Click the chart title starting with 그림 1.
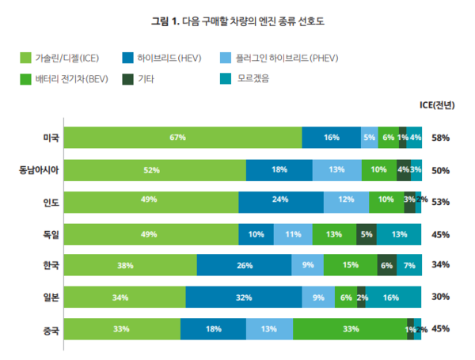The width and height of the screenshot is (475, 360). [237, 21]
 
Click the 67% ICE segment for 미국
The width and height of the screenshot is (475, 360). [183, 138]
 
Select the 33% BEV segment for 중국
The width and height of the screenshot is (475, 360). [350, 329]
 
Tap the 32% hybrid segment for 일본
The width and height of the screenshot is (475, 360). [244, 297]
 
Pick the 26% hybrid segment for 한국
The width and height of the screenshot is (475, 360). [244, 266]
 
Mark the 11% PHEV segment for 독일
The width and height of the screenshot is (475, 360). [292, 234]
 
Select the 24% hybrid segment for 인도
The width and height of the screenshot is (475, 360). [281, 201]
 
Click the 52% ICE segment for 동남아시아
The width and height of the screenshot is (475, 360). [154, 169]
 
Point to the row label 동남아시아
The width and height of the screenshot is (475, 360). [39, 169]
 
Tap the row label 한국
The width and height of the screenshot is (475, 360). [51, 266]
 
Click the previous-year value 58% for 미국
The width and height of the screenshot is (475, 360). [440, 138]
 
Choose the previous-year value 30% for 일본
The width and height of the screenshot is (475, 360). [440, 297]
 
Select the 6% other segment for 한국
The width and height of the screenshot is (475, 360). [386, 266]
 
